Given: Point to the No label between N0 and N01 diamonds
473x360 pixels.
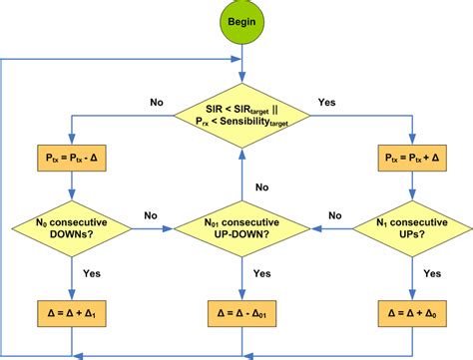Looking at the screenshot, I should [152, 214].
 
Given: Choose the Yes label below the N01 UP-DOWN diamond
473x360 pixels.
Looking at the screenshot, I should [261, 272].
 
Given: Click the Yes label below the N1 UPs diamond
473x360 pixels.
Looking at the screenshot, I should [431, 272].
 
